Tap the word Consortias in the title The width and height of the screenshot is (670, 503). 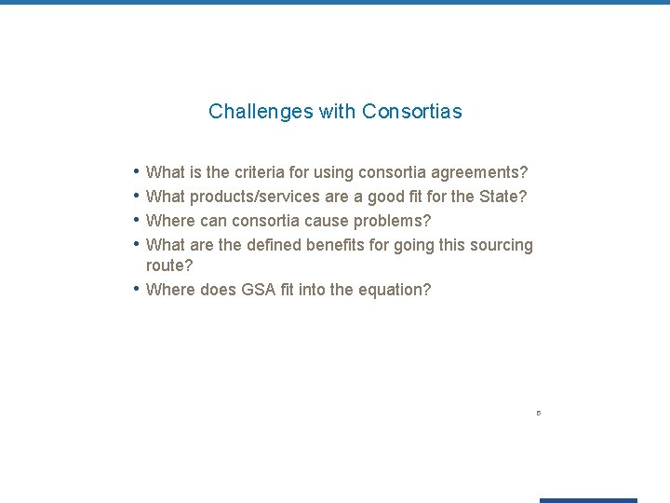pyautogui.click(x=412, y=112)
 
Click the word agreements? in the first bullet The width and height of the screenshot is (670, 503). pyautogui.click(x=480, y=172)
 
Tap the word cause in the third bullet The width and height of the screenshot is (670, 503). pyautogui.click(x=327, y=221)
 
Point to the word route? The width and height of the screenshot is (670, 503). pyautogui.click(x=169, y=265)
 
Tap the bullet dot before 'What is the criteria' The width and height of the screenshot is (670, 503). pyautogui.click(x=137, y=171)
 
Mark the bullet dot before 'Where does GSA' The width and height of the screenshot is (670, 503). pyautogui.click(x=137, y=289)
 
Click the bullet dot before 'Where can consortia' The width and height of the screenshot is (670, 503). pyautogui.click(x=137, y=220)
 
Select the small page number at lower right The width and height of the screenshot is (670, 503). pyautogui.click(x=539, y=413)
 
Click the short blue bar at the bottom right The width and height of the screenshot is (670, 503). pyautogui.click(x=588, y=500)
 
